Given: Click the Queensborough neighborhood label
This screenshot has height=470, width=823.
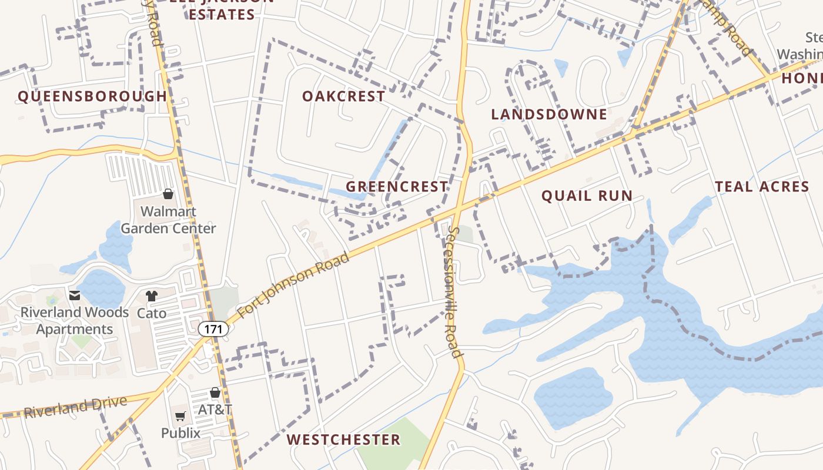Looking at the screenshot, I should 92,96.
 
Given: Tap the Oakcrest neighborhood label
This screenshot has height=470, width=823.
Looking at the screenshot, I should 344,96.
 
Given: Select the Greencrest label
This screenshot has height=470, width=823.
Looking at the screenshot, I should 397,187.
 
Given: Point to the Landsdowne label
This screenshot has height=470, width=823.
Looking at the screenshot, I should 549,115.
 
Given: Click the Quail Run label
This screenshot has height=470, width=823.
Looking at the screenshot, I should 587,196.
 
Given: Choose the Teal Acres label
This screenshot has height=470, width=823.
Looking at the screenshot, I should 762,187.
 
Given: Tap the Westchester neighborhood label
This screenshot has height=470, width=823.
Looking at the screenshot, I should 344,439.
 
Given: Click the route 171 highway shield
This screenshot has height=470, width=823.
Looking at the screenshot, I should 213,329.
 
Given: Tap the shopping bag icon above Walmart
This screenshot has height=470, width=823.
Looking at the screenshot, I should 168,194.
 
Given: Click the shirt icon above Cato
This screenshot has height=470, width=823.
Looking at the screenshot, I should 152,296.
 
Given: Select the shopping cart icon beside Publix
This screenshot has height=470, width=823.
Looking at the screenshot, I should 180,417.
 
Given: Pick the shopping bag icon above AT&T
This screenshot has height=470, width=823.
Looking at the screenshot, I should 215,392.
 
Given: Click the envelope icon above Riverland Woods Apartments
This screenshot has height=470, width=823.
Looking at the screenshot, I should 75,296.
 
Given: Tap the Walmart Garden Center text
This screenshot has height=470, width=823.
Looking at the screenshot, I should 168,220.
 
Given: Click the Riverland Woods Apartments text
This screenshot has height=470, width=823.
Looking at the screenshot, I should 75,321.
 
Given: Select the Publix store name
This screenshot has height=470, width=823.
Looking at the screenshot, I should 180,434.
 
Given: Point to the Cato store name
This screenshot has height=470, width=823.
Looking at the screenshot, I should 152,313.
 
